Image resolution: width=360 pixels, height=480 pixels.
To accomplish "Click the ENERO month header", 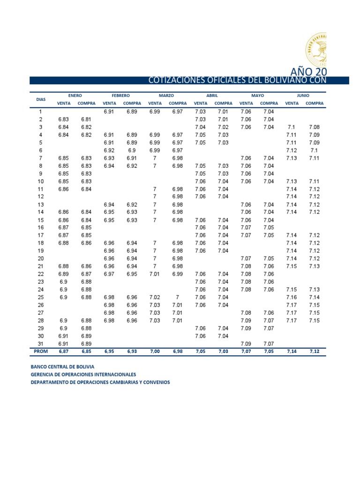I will pyautogui.click(x=75, y=95).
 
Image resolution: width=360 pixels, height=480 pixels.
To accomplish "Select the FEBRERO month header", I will pyautogui.click(x=120, y=95).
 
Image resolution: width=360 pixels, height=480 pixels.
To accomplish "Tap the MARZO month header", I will pyautogui.click(x=166, y=95).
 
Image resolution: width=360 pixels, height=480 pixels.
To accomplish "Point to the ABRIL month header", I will pyautogui.click(x=212, y=95).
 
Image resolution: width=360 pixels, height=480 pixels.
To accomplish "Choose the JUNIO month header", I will pyautogui.click(x=303, y=95).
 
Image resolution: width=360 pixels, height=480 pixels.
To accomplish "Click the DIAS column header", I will pyautogui.click(x=41, y=99).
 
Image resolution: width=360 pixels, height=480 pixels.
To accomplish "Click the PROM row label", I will pyautogui.click(x=41, y=351).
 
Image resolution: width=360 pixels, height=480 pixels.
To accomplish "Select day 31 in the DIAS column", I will pyautogui.click(x=41, y=344).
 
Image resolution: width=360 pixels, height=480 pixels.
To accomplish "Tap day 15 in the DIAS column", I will pyautogui.click(x=41, y=220).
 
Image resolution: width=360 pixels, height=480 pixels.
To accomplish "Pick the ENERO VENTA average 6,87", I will pyautogui.click(x=64, y=351).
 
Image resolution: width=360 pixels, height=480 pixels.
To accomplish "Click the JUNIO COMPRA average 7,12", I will pyautogui.click(x=314, y=351).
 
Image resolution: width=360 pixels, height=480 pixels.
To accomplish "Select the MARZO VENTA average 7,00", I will pyautogui.click(x=155, y=351).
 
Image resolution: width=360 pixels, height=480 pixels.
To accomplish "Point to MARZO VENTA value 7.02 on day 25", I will pyautogui.click(x=155, y=297).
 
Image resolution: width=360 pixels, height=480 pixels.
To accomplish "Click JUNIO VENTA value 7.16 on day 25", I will pyautogui.click(x=291, y=297).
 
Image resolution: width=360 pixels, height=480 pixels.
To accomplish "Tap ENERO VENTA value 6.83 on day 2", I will pyautogui.click(x=64, y=120).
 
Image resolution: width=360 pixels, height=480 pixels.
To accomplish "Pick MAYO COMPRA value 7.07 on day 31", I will pyautogui.click(x=269, y=344).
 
